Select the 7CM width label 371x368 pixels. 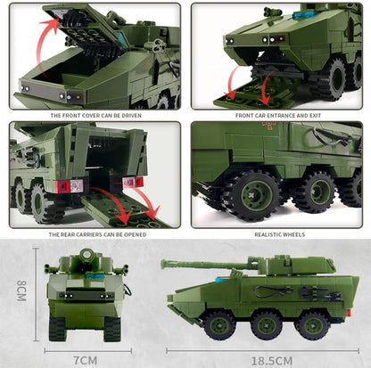click(x=85, y=359)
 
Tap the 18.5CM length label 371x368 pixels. click(x=271, y=359)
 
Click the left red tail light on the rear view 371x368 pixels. click(x=63, y=186)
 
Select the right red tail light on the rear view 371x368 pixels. click(x=132, y=182)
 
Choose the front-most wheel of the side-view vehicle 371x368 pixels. click(x=218, y=324)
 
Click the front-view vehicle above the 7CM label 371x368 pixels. click(x=84, y=294)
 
